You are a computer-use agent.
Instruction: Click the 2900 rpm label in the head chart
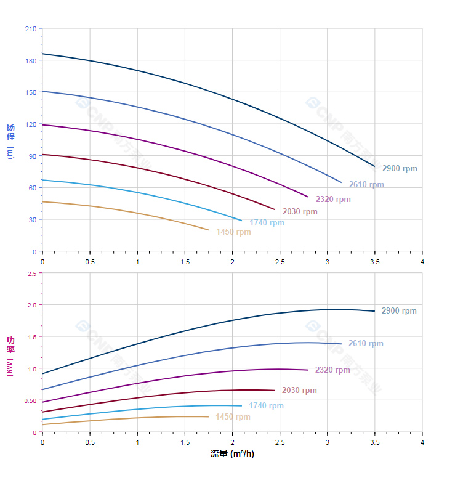tap(399, 169)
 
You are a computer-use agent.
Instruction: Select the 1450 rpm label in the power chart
tap(233, 417)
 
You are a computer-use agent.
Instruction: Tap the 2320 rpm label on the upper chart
tap(333, 200)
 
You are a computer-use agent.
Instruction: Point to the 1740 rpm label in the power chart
tap(266, 406)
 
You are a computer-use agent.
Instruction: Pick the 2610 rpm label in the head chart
tap(366, 185)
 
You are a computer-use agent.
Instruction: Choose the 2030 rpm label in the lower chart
tap(299, 391)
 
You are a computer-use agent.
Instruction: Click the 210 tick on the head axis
tap(30, 29)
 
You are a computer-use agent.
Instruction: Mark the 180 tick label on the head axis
tap(30, 60)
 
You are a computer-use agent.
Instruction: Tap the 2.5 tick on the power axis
tap(31, 273)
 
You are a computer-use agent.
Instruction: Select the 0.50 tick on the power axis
tap(30, 400)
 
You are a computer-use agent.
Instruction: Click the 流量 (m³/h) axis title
tap(232, 454)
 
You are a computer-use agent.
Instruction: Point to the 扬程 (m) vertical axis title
tap(10, 141)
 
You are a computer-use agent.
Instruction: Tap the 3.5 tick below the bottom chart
tap(375, 443)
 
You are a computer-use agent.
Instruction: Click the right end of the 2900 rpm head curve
tap(374, 166)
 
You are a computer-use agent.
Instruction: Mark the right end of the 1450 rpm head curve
tap(209, 230)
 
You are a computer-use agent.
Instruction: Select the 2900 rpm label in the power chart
tap(399, 311)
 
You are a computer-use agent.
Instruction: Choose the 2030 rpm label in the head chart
tap(300, 212)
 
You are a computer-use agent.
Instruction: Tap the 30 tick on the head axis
tap(32, 220)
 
